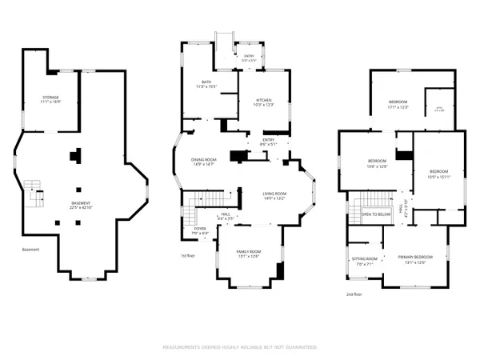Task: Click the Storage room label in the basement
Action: [x=50, y=100]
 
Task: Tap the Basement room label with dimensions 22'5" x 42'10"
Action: [x=81, y=206]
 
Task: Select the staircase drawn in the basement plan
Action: [x=33, y=193]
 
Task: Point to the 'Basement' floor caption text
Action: [x=30, y=249]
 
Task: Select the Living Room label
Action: [x=275, y=195]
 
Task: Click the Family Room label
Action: [x=249, y=254]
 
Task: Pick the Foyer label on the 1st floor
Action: [x=199, y=231]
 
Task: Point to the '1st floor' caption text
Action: [x=188, y=257]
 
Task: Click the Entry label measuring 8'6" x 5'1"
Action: [x=267, y=142]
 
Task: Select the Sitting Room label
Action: [x=364, y=261]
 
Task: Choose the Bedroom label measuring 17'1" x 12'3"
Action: [x=398, y=104]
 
